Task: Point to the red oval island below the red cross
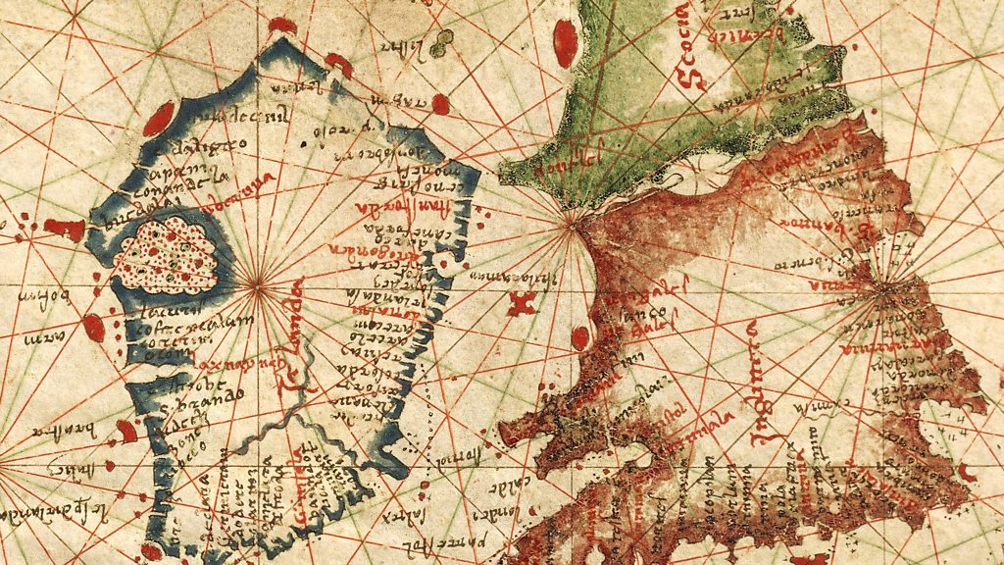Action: point(580,337)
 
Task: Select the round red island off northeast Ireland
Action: point(440,103)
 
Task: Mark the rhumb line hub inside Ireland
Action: point(257,287)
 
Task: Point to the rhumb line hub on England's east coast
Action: point(886,287)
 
